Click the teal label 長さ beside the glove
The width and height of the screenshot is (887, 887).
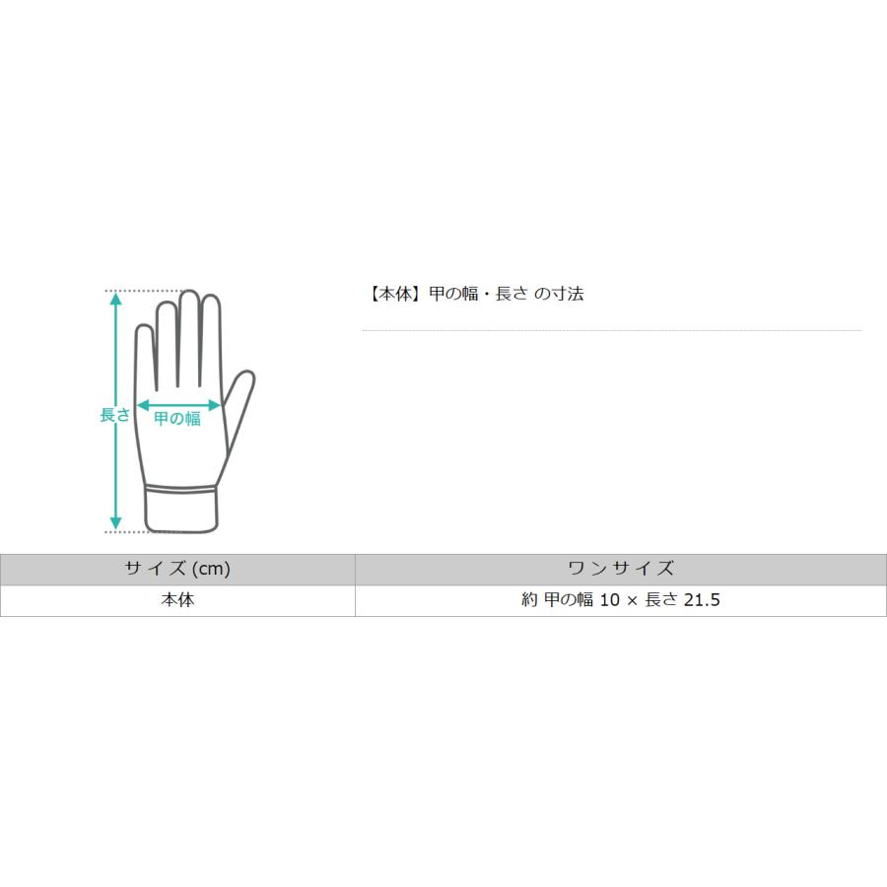click(115, 415)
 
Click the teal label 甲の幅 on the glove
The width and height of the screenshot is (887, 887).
click(177, 419)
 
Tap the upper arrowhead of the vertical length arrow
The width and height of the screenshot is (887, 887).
click(115, 299)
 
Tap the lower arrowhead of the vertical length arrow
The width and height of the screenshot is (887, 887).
click(115, 523)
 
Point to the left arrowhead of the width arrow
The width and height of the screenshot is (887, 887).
click(143, 405)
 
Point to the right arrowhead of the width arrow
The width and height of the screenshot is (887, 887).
click(215, 405)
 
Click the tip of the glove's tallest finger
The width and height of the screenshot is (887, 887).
click(189, 292)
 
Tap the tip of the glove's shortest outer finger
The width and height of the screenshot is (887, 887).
click(144, 326)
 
